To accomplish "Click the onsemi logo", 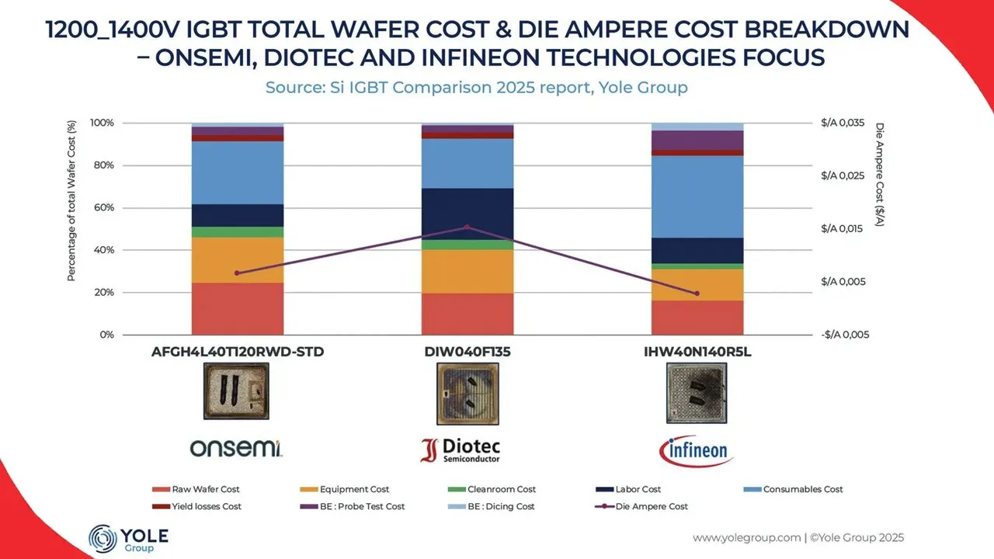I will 238,448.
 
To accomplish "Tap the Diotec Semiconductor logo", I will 461,450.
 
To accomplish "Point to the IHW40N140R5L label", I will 697,352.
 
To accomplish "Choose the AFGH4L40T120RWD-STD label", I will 238,352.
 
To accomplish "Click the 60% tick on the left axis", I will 103,208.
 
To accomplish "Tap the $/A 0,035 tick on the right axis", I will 843,123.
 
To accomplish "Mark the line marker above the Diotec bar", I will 467,227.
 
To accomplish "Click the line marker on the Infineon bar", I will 697,293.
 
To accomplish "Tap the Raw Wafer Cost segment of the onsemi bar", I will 238,308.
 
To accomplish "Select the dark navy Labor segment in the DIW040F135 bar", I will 467,214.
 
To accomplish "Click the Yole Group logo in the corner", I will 129,538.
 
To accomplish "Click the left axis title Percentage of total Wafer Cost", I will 71,200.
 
